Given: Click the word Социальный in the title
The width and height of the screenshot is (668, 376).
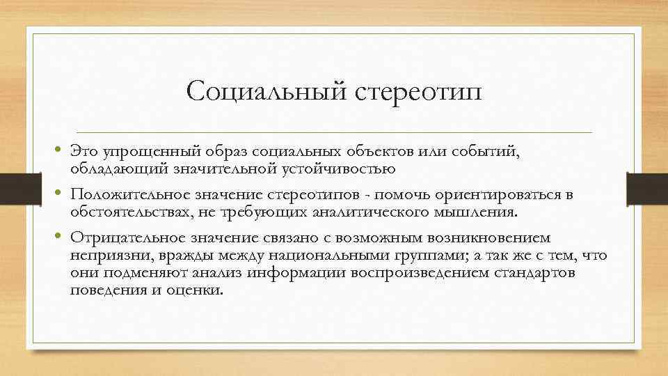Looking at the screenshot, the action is [267, 91].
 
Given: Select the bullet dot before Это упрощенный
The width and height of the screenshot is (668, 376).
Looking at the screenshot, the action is [58, 149].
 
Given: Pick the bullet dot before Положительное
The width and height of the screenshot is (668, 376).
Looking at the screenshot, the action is [58, 193].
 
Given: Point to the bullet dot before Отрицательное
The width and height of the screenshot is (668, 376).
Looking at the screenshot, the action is [58, 236].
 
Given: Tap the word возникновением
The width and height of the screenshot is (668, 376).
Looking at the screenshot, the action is [489, 238].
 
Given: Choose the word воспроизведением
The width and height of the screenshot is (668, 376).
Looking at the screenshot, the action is [420, 273].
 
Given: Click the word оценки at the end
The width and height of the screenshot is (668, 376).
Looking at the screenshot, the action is [195, 290].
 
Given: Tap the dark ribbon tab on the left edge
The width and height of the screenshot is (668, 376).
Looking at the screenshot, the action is [21, 189].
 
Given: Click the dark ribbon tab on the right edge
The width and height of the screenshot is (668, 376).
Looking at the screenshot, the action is [647, 189].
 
